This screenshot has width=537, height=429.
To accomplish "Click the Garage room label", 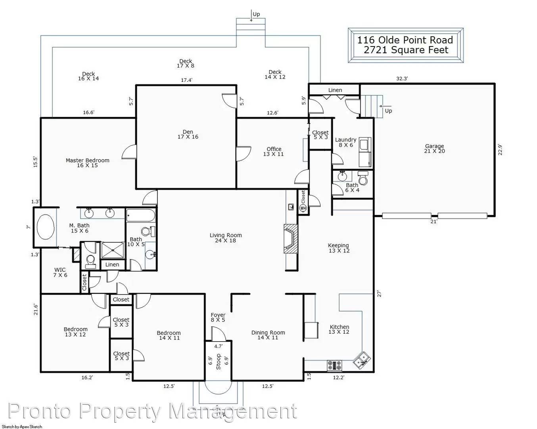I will (x=434, y=149).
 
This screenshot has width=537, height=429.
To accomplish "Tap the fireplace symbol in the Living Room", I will (x=291, y=238).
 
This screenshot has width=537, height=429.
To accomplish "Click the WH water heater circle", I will (x=303, y=208).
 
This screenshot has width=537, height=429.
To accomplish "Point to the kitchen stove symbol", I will (x=334, y=365).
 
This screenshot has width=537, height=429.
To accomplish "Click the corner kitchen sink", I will (x=362, y=360).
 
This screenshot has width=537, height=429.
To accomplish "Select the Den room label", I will (x=188, y=134).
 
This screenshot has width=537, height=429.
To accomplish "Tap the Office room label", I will (x=274, y=151).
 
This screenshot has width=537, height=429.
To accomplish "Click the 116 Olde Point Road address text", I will (x=405, y=40).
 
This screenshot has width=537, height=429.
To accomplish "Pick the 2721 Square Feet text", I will (x=406, y=50).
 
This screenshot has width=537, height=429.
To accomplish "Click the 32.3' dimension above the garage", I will (x=402, y=79).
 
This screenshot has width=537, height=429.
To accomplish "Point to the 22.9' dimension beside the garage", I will (x=500, y=149).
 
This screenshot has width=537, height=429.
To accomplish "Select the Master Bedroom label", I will (x=87, y=163).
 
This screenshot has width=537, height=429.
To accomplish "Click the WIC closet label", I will (x=60, y=272).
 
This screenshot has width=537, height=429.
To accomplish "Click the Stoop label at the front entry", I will (x=218, y=361).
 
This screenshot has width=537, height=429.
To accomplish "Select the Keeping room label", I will (x=339, y=248).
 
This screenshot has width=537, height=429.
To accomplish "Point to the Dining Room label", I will (x=268, y=335).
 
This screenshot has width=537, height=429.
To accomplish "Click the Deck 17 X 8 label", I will (x=186, y=64).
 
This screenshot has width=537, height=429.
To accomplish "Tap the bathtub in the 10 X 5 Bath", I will (x=140, y=216).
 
